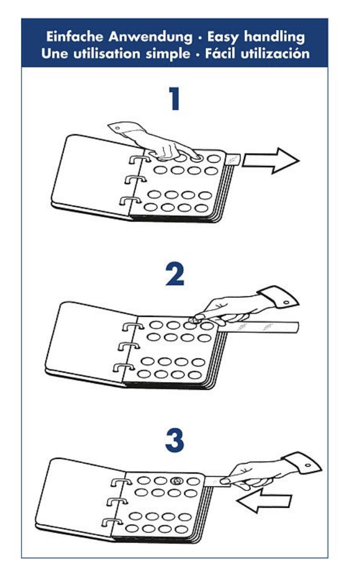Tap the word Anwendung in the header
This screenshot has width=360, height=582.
pyautogui.click(x=151, y=37)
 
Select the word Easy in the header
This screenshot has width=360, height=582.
pyautogui.click(x=222, y=37)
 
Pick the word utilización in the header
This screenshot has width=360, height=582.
pyautogui.click(x=275, y=54)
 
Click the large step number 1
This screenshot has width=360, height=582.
pyautogui.click(x=174, y=98)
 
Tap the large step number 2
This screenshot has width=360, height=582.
pyautogui.click(x=175, y=274)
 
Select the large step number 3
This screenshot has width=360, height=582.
pyautogui.click(x=174, y=440)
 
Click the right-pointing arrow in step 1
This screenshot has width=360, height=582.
pyautogui.click(x=271, y=160)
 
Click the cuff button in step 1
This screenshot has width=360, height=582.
pyautogui.click(x=117, y=128)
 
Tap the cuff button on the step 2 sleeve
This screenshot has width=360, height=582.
pyautogui.click(x=286, y=303)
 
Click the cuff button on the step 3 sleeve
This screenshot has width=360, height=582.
pyautogui.click(x=308, y=465)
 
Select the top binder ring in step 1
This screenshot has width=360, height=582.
pyautogui.click(x=139, y=159)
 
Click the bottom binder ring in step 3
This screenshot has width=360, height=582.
pyautogui.click(x=112, y=522)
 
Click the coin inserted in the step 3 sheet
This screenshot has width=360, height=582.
pyautogui.click(x=177, y=481)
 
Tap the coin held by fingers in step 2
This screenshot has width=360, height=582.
pyautogui.click(x=193, y=319)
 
